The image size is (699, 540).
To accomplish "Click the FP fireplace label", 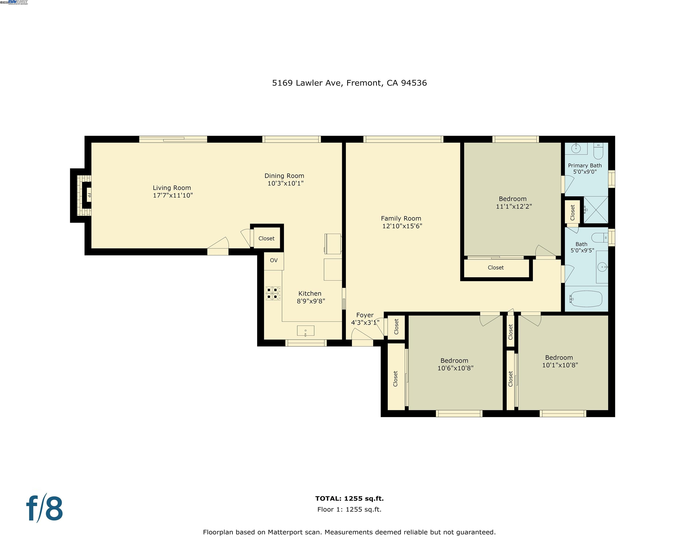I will coord(89,195).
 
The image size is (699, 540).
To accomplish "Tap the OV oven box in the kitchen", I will coord(274,260).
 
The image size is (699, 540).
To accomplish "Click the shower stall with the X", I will coord(596,210).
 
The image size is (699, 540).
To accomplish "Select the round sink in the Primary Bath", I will coord(576,148).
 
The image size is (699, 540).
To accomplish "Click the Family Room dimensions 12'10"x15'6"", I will coord(402,226).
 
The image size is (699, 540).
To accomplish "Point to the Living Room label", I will coord(172,188).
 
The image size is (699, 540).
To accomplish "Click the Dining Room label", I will coord(284,176).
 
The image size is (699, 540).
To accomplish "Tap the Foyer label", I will coord(365,315).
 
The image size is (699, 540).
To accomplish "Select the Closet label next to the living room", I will coord(266,238).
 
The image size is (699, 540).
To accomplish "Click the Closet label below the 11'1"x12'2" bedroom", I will coord(495,267).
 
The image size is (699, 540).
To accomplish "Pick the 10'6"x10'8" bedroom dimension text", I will coord(455,368).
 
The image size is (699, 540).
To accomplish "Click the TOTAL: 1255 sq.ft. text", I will coord(349,499).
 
